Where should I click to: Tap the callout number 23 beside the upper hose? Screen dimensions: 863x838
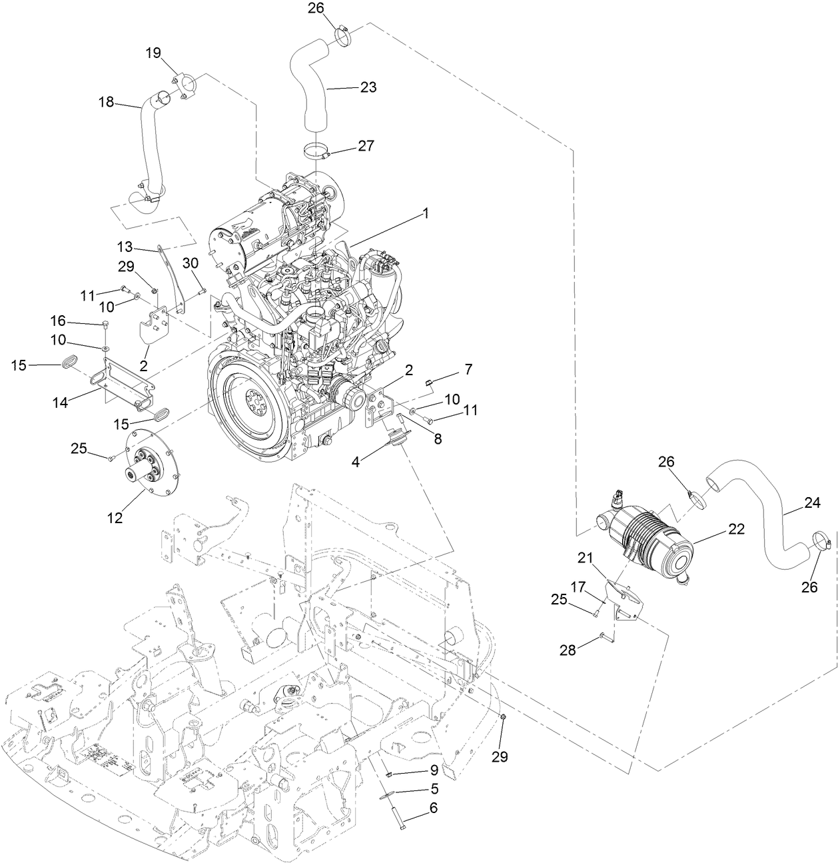tap(368, 87)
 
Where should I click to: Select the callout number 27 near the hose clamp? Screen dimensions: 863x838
tap(366, 145)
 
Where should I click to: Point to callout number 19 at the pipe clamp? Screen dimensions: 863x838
tap(153, 53)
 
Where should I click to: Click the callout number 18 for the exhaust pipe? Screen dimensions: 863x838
tap(106, 102)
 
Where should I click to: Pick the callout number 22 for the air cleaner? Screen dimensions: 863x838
tap(735, 528)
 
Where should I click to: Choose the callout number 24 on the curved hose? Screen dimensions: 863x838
tap(811, 504)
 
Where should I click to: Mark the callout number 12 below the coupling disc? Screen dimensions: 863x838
tap(115, 517)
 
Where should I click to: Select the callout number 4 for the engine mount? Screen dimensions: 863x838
tap(356, 461)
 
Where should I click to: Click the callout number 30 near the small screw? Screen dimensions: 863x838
tap(191, 263)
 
